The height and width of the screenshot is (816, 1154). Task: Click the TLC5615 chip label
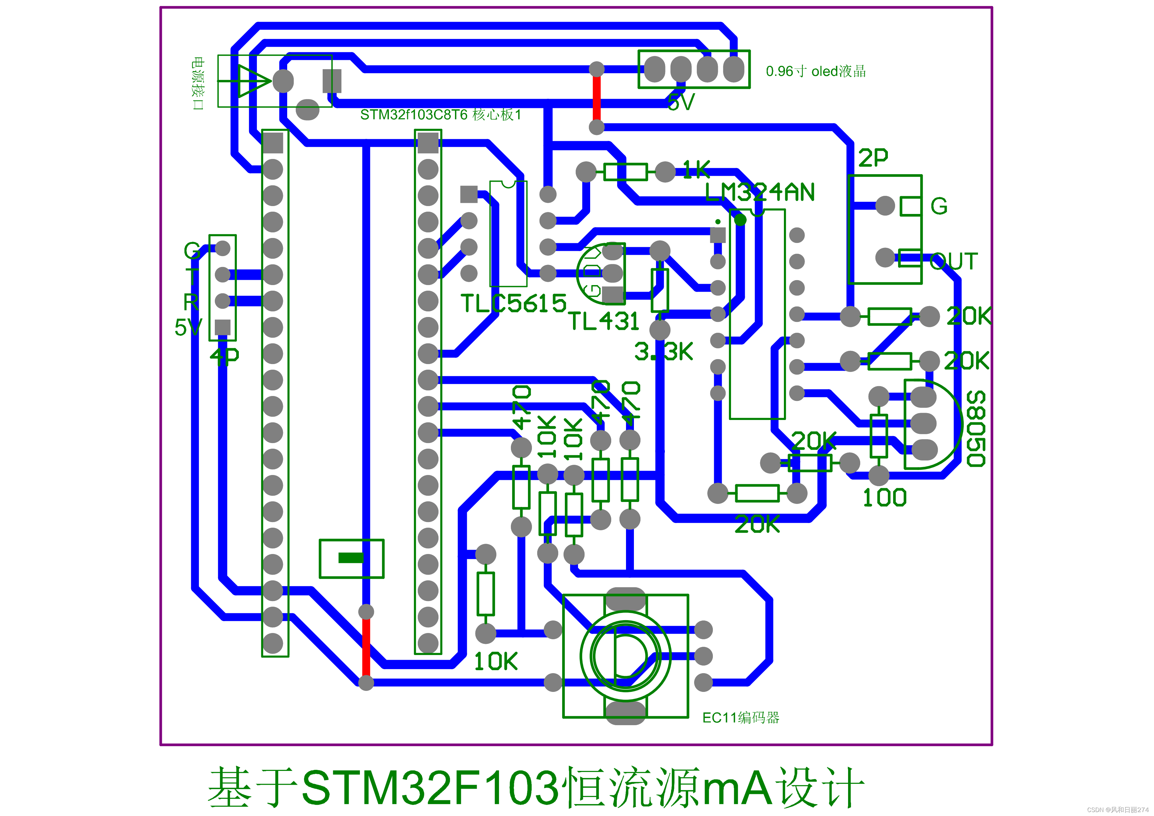pos(513,303)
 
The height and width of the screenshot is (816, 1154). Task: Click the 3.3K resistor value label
pos(664,352)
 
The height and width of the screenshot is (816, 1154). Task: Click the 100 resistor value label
pos(884,498)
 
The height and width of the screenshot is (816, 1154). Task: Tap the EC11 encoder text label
pos(740,718)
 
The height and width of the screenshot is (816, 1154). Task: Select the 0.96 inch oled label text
pos(815,71)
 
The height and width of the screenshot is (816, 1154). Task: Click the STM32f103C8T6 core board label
pos(440,115)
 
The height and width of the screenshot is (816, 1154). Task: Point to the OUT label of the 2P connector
pos(953,261)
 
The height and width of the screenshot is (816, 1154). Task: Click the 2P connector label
pos(873,158)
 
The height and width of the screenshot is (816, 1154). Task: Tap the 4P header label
pos(224,356)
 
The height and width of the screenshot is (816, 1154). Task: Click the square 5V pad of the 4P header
pos(223,327)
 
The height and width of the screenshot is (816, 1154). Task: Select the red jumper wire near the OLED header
pos(597,98)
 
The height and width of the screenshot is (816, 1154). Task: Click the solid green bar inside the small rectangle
pos(351,558)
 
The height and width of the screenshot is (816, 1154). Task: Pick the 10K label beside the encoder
pos(495,661)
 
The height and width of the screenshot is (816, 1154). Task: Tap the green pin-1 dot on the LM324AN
pos(740,220)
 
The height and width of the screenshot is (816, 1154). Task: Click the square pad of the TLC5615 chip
pos(468,194)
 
